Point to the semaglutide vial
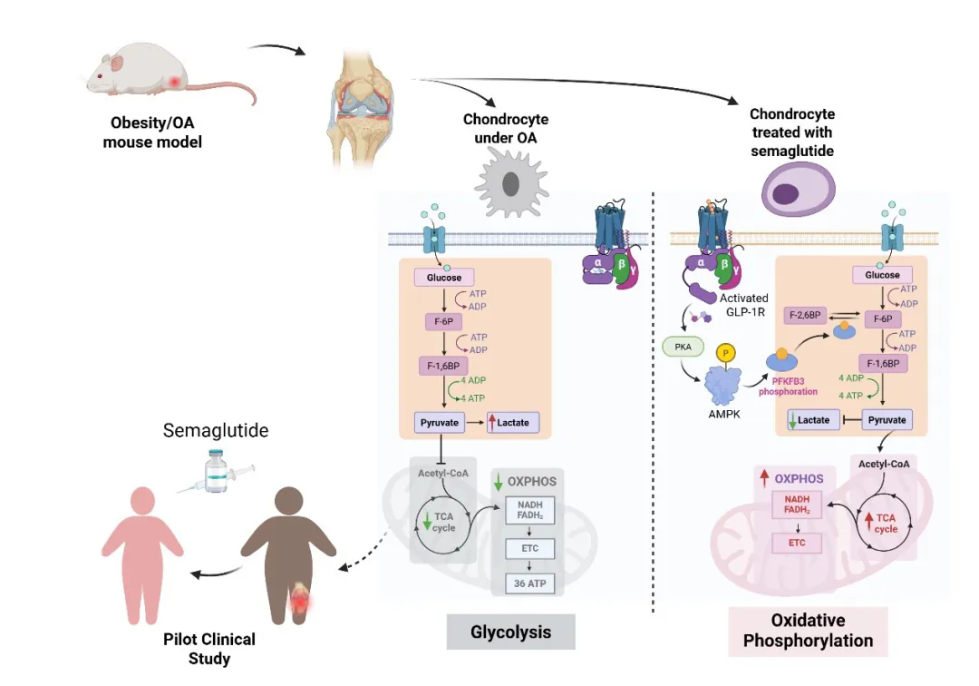215,472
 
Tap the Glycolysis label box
510,632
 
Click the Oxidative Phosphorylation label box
808,631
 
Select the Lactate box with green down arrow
812,420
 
